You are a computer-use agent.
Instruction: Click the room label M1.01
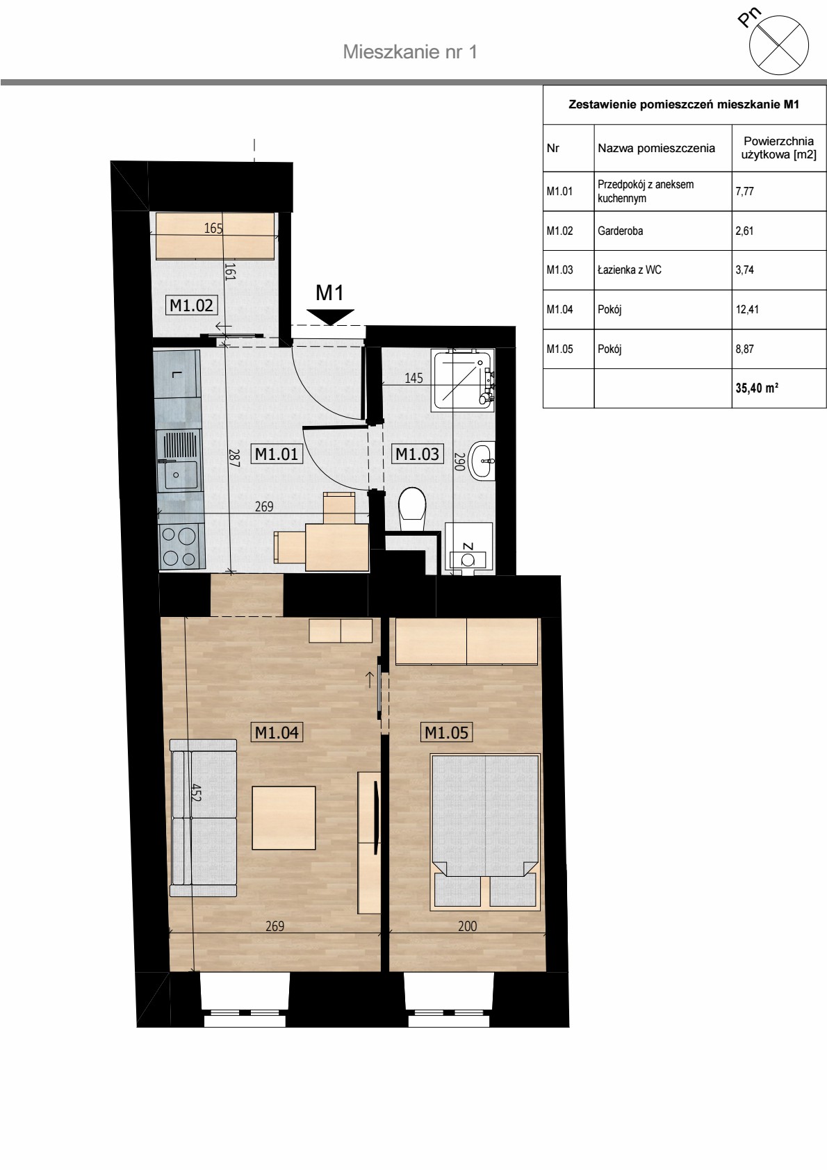pos(277,454)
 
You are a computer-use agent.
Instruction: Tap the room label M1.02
pos(191,305)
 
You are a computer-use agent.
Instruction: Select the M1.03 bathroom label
pos(417,454)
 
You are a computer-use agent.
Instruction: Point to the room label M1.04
pos(277,732)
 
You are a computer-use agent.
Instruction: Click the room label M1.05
pos(446,732)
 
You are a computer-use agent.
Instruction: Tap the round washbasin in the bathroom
pos(482,460)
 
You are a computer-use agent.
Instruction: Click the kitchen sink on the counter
pos(178,459)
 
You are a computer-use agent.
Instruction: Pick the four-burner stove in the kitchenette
pos(180,546)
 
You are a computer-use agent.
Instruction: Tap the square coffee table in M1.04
pos(284,818)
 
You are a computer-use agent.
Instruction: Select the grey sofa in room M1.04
pos(203,818)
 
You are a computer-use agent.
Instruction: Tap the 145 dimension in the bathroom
pos(413,378)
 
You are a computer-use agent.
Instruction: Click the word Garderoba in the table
pos(620,231)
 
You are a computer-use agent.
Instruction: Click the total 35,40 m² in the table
pos(757,388)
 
